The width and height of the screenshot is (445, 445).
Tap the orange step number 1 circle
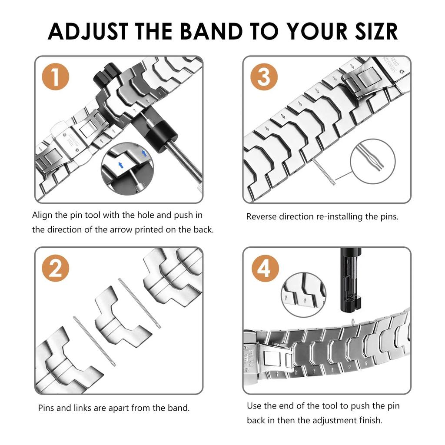tap(55, 77)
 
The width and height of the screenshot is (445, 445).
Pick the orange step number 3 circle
tap(264, 77)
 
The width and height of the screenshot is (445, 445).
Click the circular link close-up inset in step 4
tap(303, 294)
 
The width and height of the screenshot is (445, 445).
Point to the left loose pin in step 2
tap(94, 341)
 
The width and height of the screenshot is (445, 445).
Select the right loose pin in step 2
tap(140, 303)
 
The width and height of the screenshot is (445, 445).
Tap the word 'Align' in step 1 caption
tap(42, 215)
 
